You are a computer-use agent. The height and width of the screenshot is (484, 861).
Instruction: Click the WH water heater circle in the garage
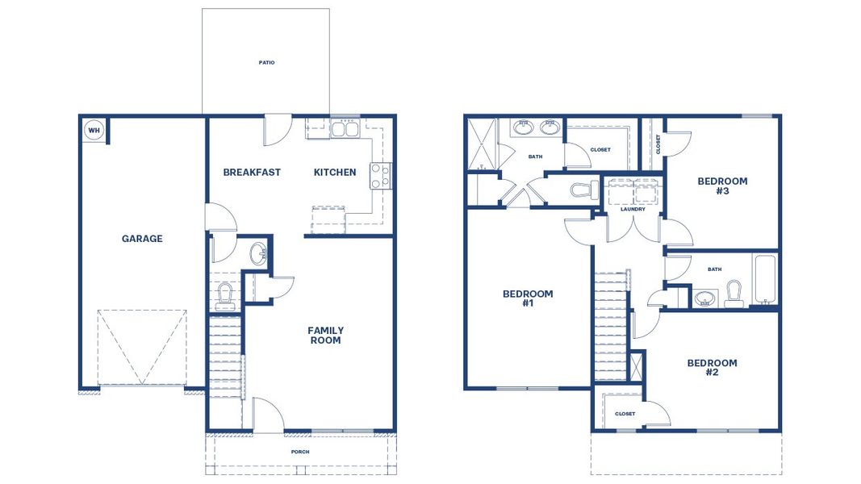tap(94, 130)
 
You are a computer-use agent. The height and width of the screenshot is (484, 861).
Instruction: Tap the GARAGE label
tap(142, 239)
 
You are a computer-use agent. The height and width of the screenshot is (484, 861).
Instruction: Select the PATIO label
tap(266, 62)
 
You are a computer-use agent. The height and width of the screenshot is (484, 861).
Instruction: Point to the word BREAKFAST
tap(252, 172)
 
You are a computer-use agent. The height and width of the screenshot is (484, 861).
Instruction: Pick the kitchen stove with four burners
tap(379, 176)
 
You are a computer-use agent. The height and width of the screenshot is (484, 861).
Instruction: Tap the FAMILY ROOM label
tap(325, 336)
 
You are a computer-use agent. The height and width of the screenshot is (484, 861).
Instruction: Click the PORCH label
tap(300, 452)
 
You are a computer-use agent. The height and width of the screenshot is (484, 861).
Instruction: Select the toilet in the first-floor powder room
tap(225, 295)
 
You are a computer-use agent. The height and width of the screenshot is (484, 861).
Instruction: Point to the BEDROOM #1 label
tap(528, 298)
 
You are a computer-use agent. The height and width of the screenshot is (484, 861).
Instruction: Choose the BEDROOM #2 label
tap(713, 368)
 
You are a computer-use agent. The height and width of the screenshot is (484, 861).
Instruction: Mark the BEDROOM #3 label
tap(722, 186)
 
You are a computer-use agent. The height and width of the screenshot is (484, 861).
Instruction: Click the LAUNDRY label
tap(633, 210)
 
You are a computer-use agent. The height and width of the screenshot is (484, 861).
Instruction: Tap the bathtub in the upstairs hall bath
tap(765, 279)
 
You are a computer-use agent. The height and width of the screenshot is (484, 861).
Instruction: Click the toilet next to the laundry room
tap(583, 191)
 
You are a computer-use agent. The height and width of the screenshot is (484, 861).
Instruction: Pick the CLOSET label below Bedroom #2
tap(625, 414)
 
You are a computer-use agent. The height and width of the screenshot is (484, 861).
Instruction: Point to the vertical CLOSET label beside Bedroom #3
tap(658, 144)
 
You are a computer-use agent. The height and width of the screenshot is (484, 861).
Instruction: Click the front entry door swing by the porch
tap(269, 415)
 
